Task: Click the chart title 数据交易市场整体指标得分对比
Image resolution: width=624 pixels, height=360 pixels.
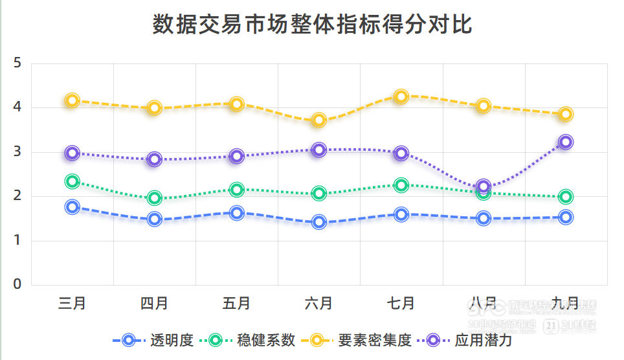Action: (312, 25)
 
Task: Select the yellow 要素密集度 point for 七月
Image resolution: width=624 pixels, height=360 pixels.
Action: (401, 96)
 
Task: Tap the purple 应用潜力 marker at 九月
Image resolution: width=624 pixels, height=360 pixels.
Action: (566, 142)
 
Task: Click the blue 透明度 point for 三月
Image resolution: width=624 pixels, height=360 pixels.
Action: (72, 207)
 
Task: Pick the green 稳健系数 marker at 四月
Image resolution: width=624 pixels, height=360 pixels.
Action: (155, 198)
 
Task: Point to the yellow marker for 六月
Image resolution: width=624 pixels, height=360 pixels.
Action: (319, 120)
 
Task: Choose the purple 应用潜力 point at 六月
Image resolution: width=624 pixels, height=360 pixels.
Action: (319, 150)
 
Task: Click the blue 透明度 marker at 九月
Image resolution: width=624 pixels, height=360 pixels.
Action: (566, 217)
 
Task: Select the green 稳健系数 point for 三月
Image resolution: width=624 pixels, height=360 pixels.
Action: (72, 181)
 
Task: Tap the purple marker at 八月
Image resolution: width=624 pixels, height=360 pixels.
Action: (484, 186)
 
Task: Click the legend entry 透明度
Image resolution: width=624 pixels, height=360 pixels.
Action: (172, 340)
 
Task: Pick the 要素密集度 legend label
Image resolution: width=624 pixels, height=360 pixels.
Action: (375, 340)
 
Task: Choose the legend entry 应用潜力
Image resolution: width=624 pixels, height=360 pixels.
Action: (483, 340)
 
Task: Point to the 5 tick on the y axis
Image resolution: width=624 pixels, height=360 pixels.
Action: (17, 63)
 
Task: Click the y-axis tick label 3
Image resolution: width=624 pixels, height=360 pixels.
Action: (17, 152)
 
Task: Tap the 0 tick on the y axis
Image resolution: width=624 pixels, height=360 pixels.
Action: (17, 284)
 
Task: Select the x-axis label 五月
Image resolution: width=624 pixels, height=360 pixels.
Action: (237, 303)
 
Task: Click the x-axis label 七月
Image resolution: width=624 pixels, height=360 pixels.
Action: (401, 303)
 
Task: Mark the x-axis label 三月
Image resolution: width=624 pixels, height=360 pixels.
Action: (72, 303)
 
